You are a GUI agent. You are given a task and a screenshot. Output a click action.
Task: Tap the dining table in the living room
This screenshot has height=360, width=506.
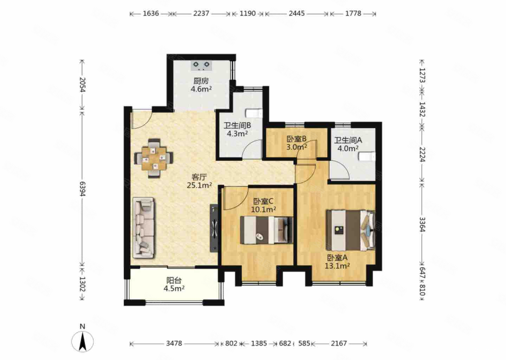pyautogui.click(x=154, y=158)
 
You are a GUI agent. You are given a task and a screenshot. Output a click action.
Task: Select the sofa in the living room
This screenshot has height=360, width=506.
pyautogui.click(x=144, y=228)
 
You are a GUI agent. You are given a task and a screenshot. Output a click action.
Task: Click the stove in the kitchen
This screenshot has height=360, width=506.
pyautogui.click(x=201, y=65)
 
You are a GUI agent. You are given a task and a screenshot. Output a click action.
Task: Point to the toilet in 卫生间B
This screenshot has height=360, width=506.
pyautogui.click(x=254, y=113)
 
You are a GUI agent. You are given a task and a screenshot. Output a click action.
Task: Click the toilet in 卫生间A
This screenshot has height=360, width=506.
pyautogui.click(x=367, y=156)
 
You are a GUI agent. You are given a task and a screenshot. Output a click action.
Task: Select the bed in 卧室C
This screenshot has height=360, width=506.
pyautogui.click(x=266, y=230)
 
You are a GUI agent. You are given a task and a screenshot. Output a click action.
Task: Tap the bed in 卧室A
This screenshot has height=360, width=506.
pyautogui.click(x=351, y=230)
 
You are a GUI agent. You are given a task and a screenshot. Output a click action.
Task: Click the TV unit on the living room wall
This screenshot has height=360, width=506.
pyautogui.click(x=214, y=228)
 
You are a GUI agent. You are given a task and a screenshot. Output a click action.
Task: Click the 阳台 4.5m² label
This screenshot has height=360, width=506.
pyautogui.click(x=174, y=284)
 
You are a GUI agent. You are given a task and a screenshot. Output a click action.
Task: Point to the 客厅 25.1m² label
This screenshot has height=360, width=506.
pyautogui.click(x=199, y=181)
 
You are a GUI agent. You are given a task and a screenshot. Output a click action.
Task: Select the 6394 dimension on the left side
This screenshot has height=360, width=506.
pyautogui.click(x=82, y=189)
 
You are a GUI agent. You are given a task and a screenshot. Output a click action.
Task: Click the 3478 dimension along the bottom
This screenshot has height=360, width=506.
pyautogui.click(x=174, y=343)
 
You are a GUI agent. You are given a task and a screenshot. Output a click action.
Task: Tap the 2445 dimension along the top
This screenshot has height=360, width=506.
pyautogui.click(x=297, y=14)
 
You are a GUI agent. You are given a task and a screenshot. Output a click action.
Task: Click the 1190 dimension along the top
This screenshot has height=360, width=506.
pyautogui.click(x=248, y=14)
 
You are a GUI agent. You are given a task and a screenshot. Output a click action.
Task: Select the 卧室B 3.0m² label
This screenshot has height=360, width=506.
pyautogui.click(x=297, y=143)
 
